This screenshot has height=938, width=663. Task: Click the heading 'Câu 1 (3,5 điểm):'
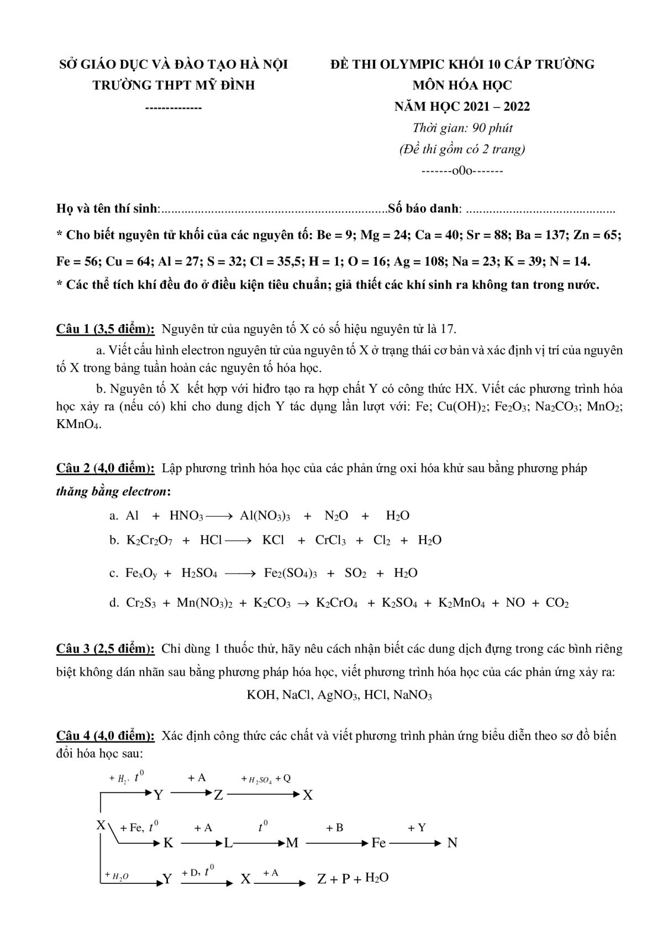[x=106, y=329]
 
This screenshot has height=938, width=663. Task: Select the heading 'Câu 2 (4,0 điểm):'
[x=106, y=468]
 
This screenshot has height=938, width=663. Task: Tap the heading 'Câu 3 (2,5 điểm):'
[x=106, y=648]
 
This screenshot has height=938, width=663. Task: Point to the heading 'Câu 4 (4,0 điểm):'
[x=106, y=736]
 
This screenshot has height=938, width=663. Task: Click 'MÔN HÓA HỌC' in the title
[x=462, y=85]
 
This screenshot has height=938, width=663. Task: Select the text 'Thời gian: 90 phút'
[x=462, y=128]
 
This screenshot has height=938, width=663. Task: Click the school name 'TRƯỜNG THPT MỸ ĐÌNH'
[x=173, y=85]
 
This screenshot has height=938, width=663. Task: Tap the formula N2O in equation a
[x=336, y=516]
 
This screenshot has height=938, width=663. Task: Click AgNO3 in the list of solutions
[x=336, y=695]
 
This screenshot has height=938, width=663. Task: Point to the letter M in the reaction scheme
[x=292, y=843]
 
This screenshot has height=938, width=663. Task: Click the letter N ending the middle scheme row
[x=452, y=843]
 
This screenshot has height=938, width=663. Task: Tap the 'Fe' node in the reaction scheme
[x=378, y=843]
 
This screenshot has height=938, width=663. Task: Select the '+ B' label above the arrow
[x=334, y=827]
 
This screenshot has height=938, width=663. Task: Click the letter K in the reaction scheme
[x=168, y=843]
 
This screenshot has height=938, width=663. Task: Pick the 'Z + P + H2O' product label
[x=352, y=878]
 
